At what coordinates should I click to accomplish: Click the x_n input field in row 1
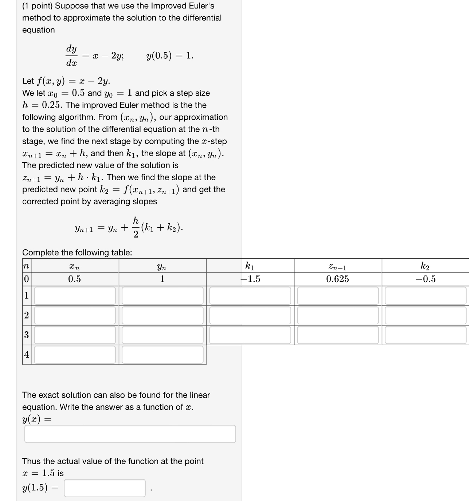point(75,296)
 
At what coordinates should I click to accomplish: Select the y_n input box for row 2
point(162,315)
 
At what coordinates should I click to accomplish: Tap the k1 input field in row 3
point(250,335)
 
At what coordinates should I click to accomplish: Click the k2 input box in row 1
point(426,296)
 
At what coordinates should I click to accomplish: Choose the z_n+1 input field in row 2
point(338,315)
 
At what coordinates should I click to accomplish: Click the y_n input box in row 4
point(162,355)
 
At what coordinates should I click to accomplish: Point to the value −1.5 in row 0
point(250,279)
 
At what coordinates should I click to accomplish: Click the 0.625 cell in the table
point(337,279)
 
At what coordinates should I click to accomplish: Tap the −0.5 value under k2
point(425,279)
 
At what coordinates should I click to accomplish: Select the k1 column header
point(250,266)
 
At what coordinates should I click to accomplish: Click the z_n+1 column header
point(337,267)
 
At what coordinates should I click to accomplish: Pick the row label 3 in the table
point(26,335)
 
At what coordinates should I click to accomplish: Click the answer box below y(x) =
point(130,434)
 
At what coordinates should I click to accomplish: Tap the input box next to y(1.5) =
point(105,488)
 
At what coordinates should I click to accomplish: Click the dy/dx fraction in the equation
point(71,56)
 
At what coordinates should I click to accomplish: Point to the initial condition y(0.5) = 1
point(170,55)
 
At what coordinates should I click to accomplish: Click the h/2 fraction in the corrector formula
point(136,227)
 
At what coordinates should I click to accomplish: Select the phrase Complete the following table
point(77,253)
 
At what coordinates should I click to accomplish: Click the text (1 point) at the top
point(37,6)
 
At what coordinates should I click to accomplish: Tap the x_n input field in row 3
point(75,335)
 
